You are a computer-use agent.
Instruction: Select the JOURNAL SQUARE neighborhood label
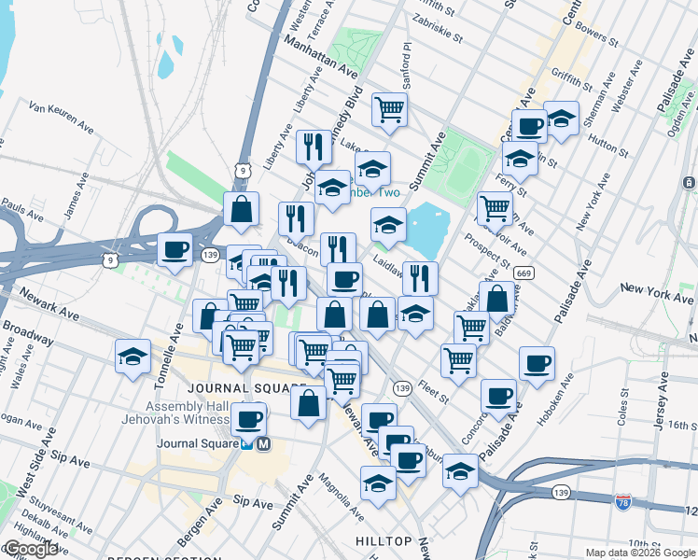tap(246, 388)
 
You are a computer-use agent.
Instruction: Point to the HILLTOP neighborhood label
tap(384, 541)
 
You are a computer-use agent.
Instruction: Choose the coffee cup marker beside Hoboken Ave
tap(537, 364)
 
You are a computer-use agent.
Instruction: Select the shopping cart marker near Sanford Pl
tap(389, 108)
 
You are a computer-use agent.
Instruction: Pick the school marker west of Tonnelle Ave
tap(133, 357)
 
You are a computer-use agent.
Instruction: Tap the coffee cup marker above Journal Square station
tap(248, 419)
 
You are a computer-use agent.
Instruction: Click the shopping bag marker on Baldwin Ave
tap(497, 299)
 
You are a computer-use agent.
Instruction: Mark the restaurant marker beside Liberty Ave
tap(314, 147)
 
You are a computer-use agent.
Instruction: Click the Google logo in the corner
tap(31, 550)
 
